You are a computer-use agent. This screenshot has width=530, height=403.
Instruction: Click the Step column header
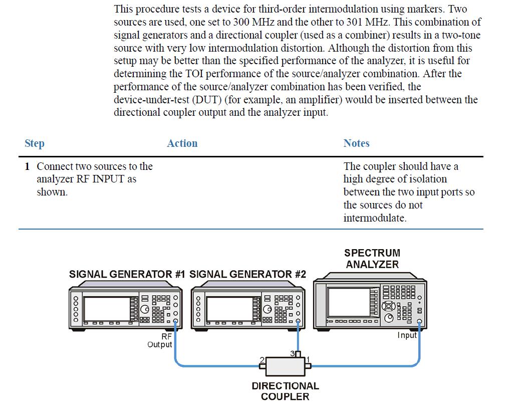point(35,143)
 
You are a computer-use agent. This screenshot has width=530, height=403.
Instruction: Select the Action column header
point(182,143)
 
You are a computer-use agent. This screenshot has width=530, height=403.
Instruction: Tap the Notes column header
point(356,143)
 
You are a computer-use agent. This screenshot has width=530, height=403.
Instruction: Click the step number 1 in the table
point(28,166)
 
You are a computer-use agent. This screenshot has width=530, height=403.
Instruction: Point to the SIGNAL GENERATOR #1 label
point(127,274)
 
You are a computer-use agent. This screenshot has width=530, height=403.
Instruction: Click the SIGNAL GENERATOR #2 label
point(247,274)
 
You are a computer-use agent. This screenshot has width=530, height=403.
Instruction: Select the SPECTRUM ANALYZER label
point(372,259)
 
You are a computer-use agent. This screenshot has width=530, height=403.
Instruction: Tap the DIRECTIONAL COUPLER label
point(285,391)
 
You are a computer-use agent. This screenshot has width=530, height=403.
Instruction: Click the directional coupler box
point(286,366)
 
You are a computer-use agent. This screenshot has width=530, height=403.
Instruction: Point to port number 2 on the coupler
point(262,359)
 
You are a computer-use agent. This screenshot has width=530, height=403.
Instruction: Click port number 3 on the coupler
point(293,354)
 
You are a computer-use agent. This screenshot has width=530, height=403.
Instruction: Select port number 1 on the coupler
point(308,359)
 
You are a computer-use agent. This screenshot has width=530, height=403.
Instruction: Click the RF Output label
point(159,340)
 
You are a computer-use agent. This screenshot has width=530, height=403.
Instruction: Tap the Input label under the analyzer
point(407,335)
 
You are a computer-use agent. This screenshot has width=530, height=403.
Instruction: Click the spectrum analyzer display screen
point(349,302)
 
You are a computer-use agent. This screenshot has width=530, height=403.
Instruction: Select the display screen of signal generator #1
point(107,309)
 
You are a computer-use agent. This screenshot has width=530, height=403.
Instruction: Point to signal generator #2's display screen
point(229,309)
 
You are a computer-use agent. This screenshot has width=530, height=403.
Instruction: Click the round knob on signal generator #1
point(145,309)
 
